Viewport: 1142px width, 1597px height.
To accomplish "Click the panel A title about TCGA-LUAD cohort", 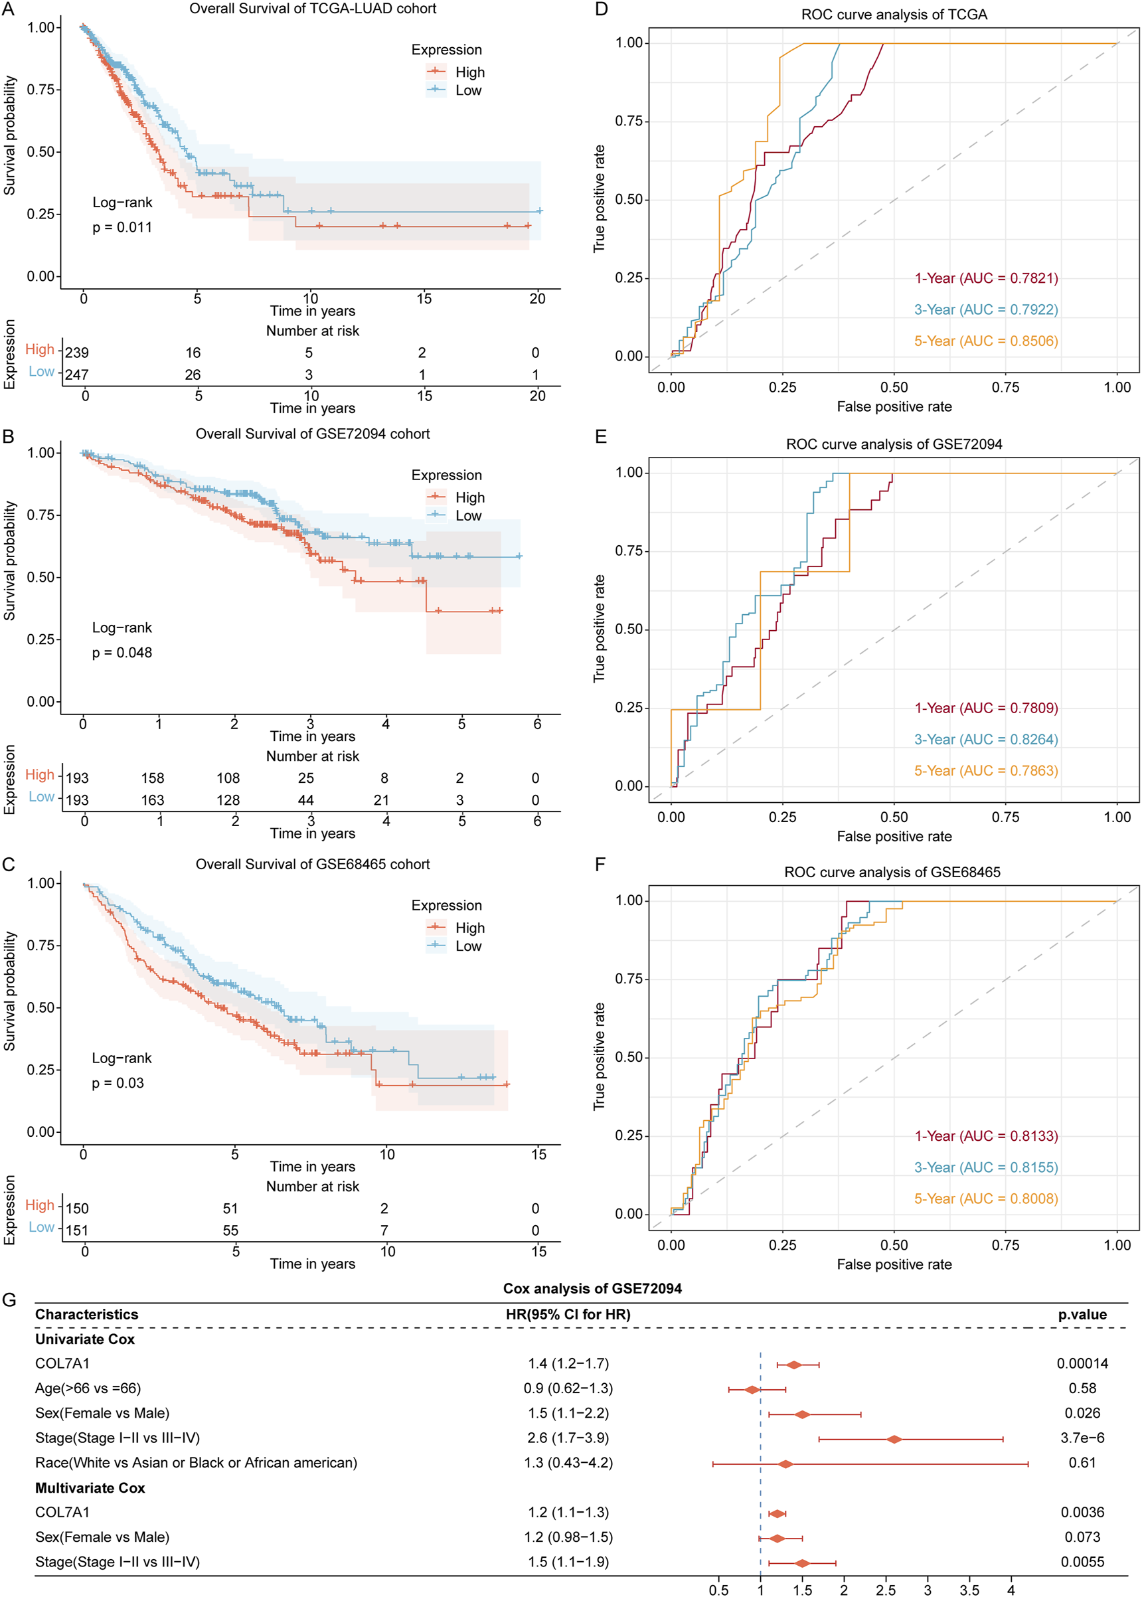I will tap(312, 9).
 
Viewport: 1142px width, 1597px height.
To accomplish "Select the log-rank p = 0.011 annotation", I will tap(122, 227).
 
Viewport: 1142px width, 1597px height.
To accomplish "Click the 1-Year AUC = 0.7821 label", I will tap(985, 278).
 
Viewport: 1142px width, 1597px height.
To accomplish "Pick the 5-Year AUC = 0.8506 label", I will tap(985, 341).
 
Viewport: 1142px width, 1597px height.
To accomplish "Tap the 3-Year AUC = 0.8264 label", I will tap(985, 740).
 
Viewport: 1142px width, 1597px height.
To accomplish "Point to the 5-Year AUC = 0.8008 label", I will tap(985, 1199).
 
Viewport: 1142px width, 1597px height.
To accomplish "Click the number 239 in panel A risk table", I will tap(78, 353).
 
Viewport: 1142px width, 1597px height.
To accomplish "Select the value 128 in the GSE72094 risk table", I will tap(228, 800).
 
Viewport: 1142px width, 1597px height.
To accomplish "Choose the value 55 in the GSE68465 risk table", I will tap(230, 1230).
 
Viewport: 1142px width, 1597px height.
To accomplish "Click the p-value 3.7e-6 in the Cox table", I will tap(1082, 1438).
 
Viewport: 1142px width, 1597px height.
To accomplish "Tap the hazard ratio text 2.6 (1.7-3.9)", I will tap(568, 1438).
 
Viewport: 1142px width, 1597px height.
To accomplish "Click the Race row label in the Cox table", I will tap(196, 1463).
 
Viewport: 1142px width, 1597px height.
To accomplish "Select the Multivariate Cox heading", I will tap(90, 1488).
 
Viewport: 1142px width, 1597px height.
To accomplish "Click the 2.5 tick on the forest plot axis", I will tap(885, 1590).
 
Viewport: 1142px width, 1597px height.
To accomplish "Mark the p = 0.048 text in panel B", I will tap(122, 653).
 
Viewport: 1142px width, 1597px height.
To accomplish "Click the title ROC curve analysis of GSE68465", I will tap(892, 872).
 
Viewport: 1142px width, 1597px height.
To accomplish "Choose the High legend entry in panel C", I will tap(469, 928).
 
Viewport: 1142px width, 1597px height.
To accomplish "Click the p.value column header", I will tap(1082, 1314).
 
